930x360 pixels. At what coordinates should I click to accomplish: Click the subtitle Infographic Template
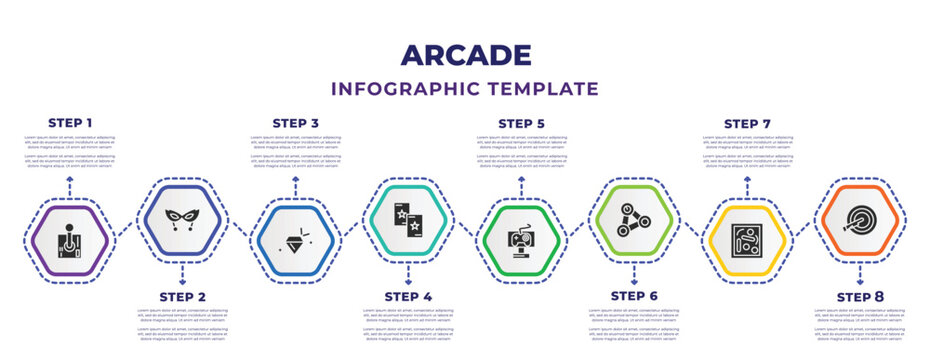(x=465, y=88)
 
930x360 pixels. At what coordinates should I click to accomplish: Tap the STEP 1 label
(x=70, y=123)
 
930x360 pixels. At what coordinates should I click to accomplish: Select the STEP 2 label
(x=183, y=296)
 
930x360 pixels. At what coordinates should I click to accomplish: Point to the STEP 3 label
(x=296, y=123)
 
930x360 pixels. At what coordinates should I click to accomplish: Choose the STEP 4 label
(x=408, y=296)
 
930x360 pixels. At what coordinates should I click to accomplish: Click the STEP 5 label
(x=522, y=123)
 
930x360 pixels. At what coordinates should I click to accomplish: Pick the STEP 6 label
(x=634, y=296)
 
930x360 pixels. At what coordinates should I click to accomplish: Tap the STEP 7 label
(x=748, y=123)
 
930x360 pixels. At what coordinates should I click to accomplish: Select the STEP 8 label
(x=860, y=296)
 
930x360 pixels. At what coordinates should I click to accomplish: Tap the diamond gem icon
(x=296, y=241)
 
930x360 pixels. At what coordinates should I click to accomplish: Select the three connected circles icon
(x=634, y=220)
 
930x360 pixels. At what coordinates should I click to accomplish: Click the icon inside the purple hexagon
(x=70, y=241)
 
